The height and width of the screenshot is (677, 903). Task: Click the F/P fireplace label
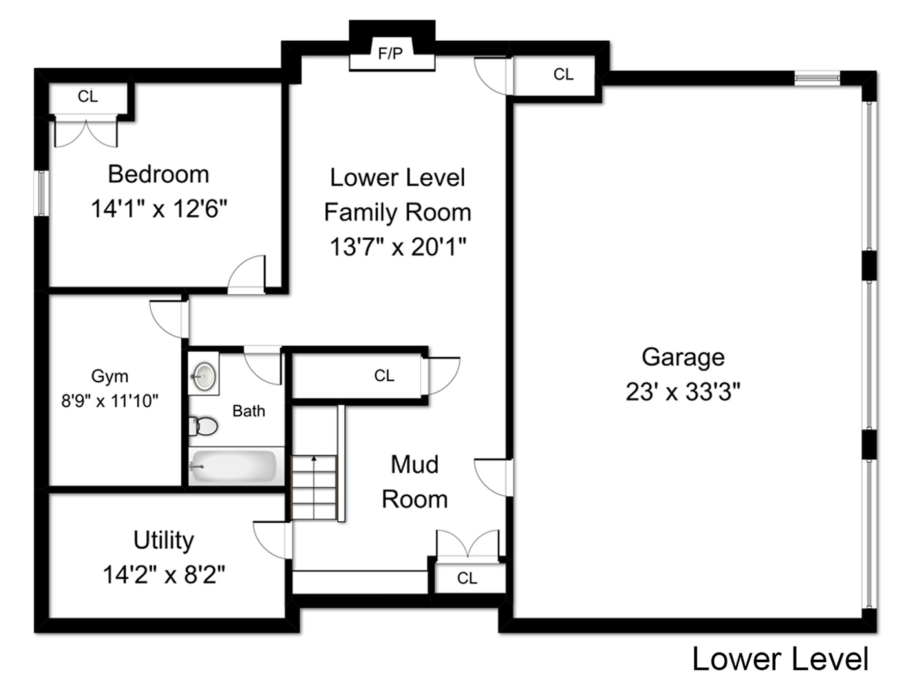pos(390,53)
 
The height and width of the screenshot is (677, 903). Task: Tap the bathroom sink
pos(204,376)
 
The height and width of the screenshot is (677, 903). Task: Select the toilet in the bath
pos(204,426)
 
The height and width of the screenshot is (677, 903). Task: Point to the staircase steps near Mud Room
pos(314,488)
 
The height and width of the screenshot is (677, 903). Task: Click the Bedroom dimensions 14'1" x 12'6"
pos(159,209)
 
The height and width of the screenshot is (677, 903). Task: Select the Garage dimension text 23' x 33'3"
pos(683,392)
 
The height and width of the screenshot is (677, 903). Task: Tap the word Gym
pos(109,376)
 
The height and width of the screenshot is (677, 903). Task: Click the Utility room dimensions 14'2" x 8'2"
pos(164,575)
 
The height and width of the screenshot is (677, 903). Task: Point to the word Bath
pos(249,411)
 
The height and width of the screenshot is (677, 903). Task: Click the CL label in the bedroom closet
pos(88,96)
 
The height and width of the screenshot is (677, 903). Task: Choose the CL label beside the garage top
pos(563,74)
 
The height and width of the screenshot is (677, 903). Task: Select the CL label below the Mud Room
pos(467,578)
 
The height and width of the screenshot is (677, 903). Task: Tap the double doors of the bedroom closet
pos(86,133)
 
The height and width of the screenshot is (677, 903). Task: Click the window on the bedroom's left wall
pos(41,193)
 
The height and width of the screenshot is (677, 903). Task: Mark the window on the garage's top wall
pos(817,78)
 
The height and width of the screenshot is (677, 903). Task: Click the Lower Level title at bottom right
pos(780,659)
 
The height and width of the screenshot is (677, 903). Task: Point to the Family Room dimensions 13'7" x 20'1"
pos(398,247)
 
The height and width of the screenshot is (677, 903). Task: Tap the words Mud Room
pos(415,482)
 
